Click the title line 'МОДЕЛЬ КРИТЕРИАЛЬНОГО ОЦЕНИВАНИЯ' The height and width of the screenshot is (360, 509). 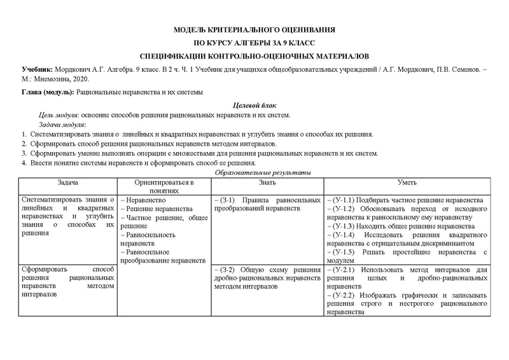click(x=254, y=31)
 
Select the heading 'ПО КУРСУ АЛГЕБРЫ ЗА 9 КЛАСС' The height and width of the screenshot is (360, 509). click(x=254, y=43)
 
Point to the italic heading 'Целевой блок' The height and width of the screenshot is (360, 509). click(x=254, y=105)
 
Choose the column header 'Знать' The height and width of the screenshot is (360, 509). click(x=267, y=182)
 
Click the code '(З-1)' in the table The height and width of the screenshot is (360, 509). click(x=228, y=200)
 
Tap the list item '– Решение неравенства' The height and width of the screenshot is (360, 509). click(x=156, y=209)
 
